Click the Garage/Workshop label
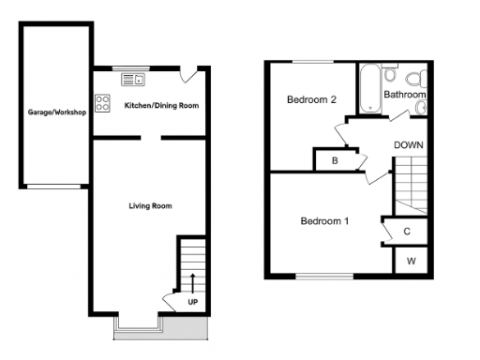57,112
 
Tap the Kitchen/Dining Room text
162,106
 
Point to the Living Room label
150,205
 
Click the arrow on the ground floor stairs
193,281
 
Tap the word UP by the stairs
193,303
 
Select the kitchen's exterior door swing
190,75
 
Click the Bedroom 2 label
311,99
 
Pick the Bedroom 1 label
324,221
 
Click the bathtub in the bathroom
369,89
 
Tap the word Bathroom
405,95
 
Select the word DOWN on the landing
408,145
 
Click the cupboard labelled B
335,161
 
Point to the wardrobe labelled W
409,262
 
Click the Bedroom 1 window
324,277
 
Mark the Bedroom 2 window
312,63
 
